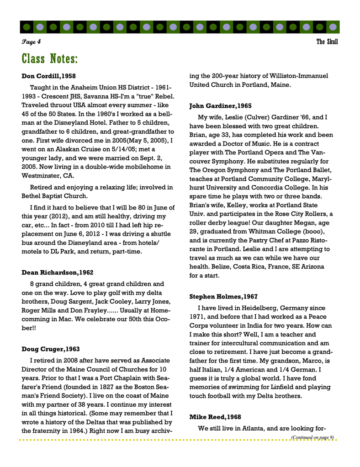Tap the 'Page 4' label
point(31,42)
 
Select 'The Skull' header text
point(327,42)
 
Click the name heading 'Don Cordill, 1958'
point(49,76)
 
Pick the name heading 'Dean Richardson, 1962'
point(58,273)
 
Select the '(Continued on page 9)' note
point(312,437)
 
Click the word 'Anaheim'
point(79,87)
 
